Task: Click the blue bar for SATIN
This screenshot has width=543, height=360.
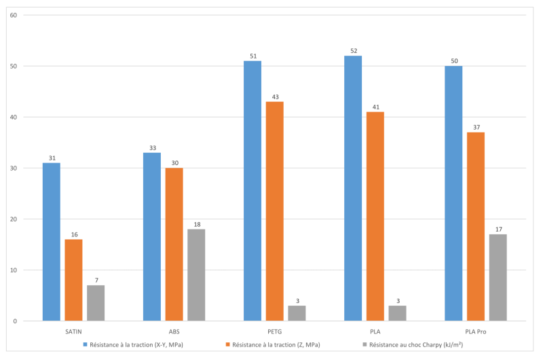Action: pyautogui.click(x=51, y=242)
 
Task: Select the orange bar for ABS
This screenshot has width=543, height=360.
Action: pyautogui.click(x=174, y=245)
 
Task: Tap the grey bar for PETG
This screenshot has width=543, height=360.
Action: pyautogui.click(x=297, y=313)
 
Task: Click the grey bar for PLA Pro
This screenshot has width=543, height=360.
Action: pyautogui.click(x=498, y=277)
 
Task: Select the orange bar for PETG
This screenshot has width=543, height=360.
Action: pyautogui.click(x=274, y=211)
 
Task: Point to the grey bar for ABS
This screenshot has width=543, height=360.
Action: pyautogui.click(x=196, y=275)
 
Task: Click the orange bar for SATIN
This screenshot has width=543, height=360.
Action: pyautogui.click(x=73, y=280)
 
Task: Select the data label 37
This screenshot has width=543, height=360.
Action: pyautogui.click(x=475, y=127)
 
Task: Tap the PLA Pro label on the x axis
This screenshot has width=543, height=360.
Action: pyautogui.click(x=475, y=331)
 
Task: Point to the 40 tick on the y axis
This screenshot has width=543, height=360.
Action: pyautogui.click(x=13, y=117)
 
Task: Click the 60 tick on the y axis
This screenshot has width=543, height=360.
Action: pyautogui.click(x=13, y=15)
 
